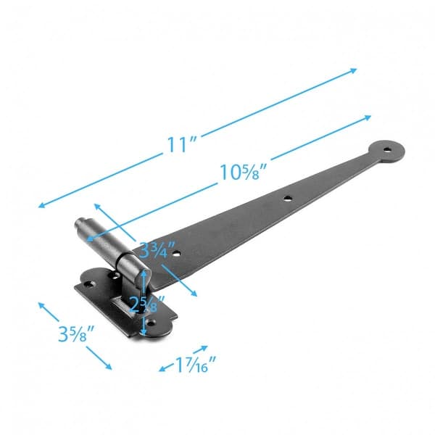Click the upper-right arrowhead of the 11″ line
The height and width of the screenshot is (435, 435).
(355, 70)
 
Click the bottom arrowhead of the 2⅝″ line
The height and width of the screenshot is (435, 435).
(144, 334)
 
